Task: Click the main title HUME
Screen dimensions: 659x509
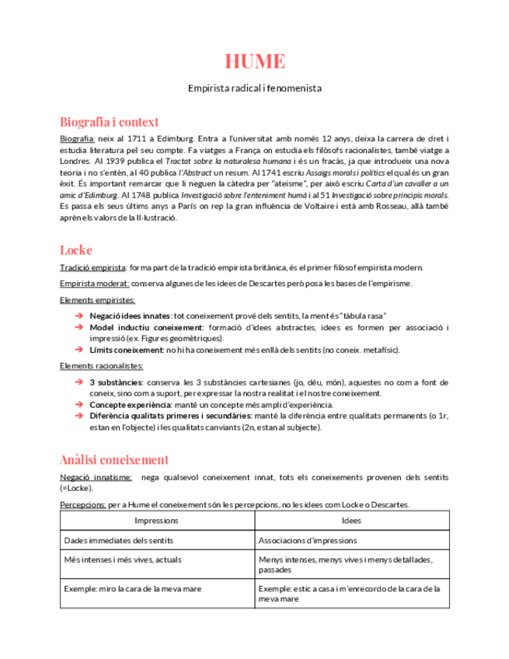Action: point(254,61)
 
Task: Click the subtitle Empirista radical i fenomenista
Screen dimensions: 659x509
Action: point(254,89)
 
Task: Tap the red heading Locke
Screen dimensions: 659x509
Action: point(76,250)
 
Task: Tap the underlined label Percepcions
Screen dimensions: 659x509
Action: point(83,504)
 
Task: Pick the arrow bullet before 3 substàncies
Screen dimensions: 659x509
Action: point(79,383)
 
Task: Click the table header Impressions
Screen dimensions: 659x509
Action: point(156,521)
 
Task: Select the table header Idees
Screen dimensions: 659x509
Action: point(351,521)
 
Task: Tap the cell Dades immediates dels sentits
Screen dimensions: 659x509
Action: point(119,540)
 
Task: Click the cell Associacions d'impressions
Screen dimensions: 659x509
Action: point(308,540)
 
